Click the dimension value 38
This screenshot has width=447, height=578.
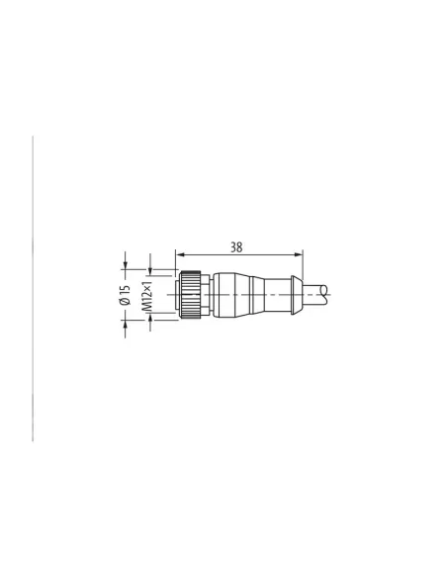237,247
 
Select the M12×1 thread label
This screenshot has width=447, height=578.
148,296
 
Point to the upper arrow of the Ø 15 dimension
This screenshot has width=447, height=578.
126,265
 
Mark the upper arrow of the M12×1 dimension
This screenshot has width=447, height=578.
149,272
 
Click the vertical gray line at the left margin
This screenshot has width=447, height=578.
35,287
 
